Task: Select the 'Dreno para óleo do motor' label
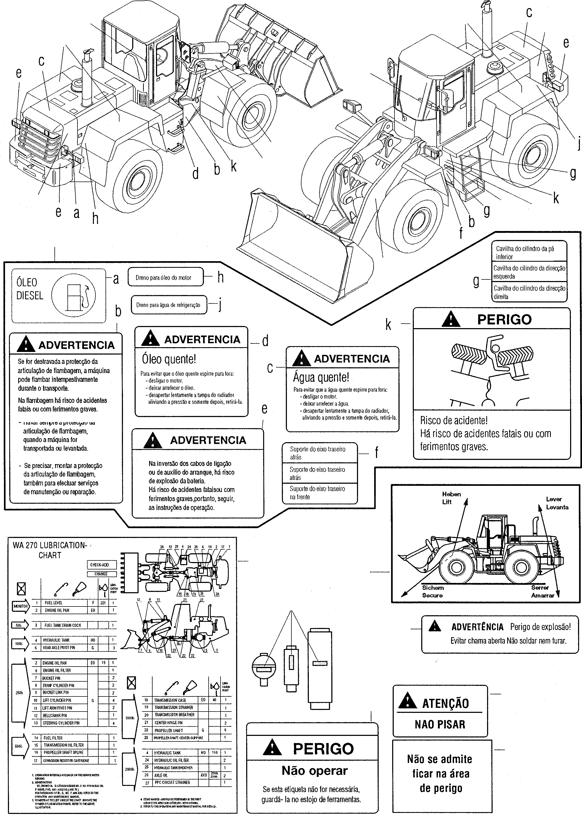[163, 277]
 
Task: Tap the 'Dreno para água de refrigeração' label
[168, 305]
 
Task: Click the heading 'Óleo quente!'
[169, 359]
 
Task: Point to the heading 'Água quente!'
[321, 377]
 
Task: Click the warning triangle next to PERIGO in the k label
[451, 319]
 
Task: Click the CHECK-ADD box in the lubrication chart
[100, 565]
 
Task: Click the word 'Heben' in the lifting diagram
[451, 494]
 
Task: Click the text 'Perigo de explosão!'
[540, 627]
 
